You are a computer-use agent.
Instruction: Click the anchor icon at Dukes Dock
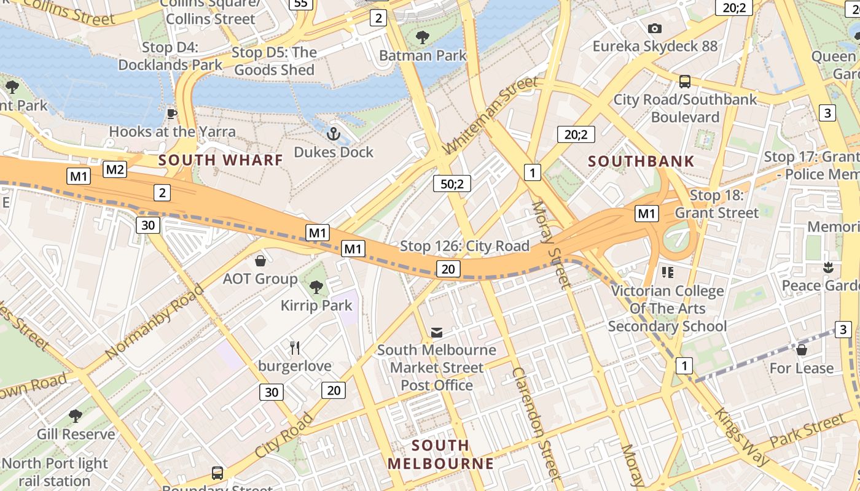pyautogui.click(x=333, y=133)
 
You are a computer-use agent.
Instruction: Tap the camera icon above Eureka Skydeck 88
pyautogui.click(x=655, y=28)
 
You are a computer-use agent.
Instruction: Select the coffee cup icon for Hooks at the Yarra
pyautogui.click(x=172, y=114)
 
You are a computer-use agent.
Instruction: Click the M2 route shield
pyautogui.click(x=115, y=169)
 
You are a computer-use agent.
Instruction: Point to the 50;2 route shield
pyautogui.click(x=451, y=183)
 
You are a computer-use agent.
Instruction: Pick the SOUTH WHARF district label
pyautogui.click(x=221, y=160)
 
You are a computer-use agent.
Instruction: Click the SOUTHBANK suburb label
pyautogui.click(x=641, y=161)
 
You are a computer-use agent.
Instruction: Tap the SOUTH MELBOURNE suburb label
pyautogui.click(x=440, y=454)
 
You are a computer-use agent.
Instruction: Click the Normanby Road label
pyautogui.click(x=154, y=322)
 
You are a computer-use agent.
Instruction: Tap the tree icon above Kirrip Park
pyautogui.click(x=316, y=287)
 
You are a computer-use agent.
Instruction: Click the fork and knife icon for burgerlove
pyautogui.click(x=295, y=348)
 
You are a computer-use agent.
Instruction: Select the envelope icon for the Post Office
pyautogui.click(x=436, y=332)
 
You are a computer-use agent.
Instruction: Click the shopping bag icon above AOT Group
pyautogui.click(x=260, y=261)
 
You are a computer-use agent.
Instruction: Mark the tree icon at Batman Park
pyautogui.click(x=423, y=37)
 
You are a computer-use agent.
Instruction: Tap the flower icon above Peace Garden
pyautogui.click(x=828, y=267)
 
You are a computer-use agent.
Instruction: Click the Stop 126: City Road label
pyautogui.click(x=464, y=246)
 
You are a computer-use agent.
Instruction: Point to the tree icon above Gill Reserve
pyautogui.click(x=76, y=416)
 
